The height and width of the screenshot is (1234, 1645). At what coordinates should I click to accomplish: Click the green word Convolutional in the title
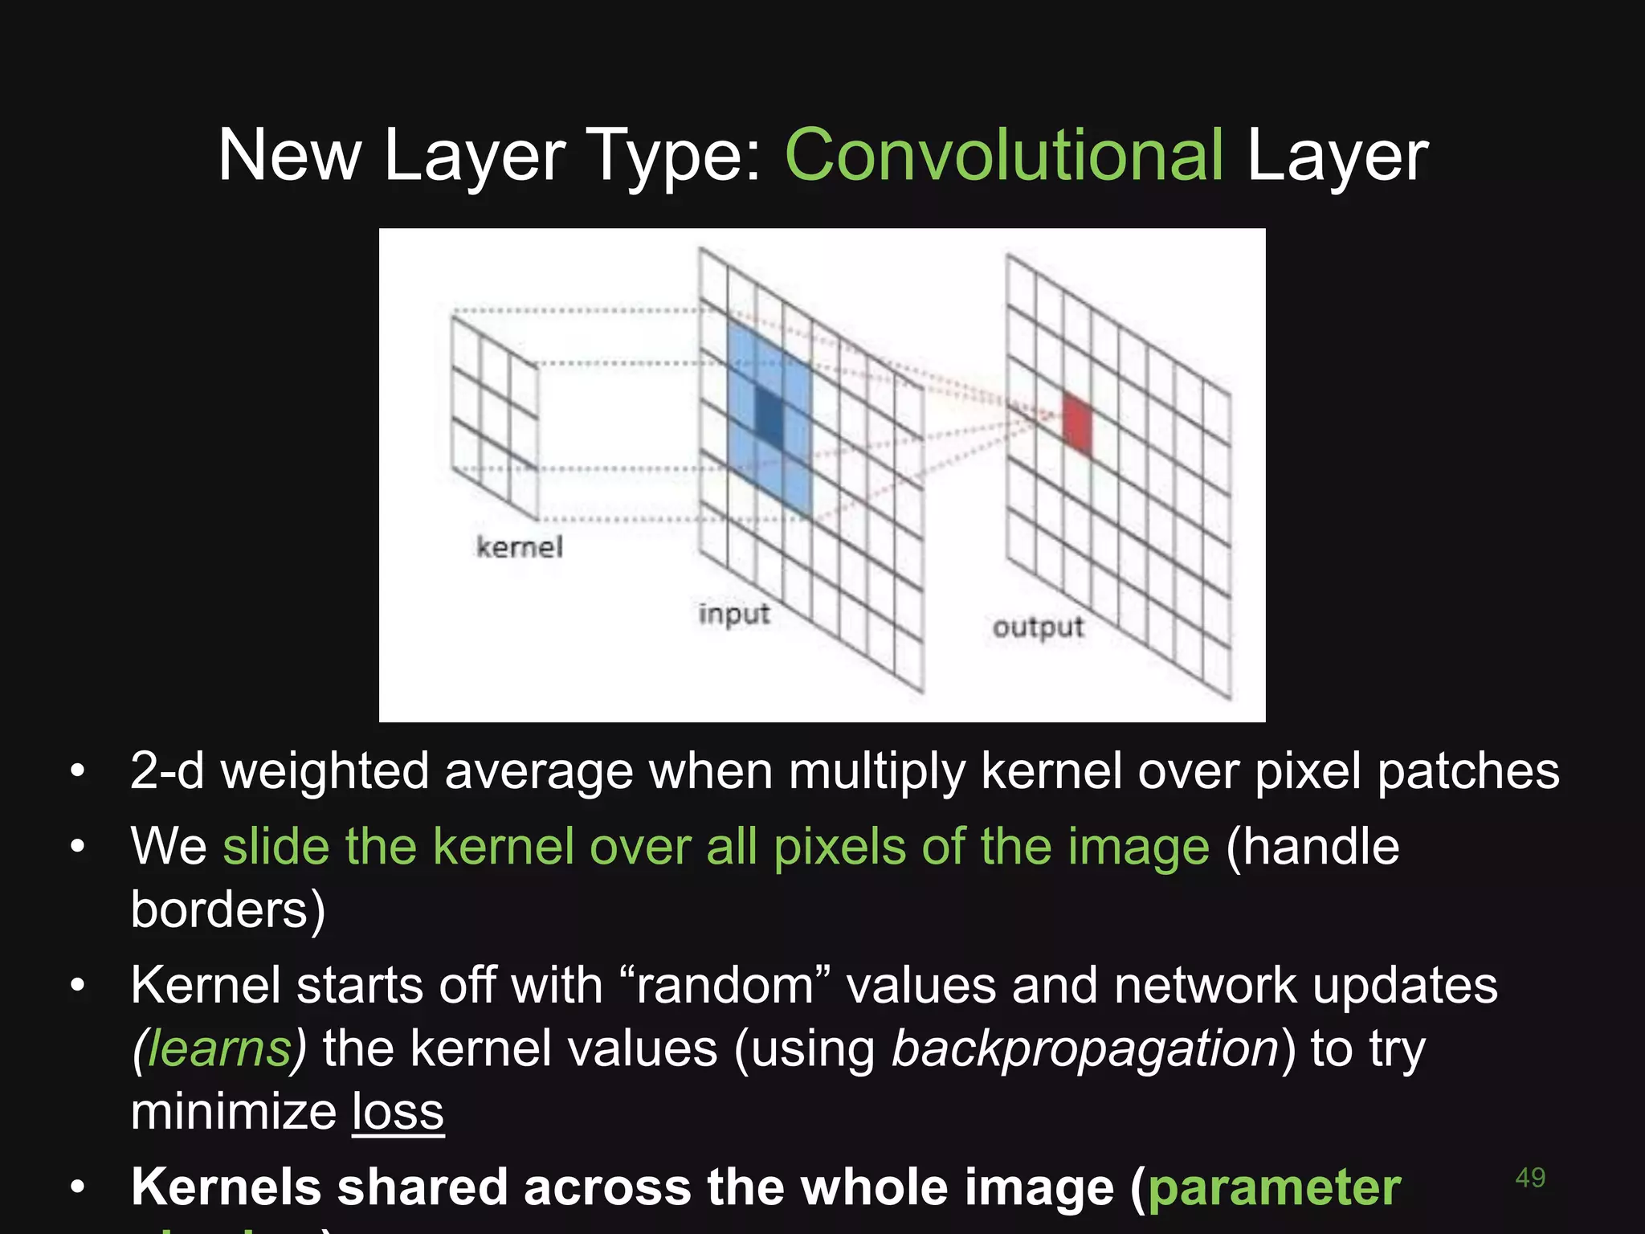point(1004,155)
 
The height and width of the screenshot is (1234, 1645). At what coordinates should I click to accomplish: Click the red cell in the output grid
point(1077,423)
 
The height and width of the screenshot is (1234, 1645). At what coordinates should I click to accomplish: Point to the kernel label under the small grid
point(519,547)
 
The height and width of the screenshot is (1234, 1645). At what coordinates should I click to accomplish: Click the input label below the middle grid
point(733,614)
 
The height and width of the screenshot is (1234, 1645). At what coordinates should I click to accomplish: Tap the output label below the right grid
point(1038,627)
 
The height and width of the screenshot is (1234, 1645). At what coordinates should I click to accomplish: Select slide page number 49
point(1529,1178)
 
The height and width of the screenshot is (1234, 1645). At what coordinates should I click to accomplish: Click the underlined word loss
point(398,1112)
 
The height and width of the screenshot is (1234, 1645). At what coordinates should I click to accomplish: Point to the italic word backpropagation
point(1085,1049)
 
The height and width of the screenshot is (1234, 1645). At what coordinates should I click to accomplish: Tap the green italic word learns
point(219,1049)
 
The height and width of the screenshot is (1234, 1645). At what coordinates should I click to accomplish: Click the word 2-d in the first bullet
point(167,771)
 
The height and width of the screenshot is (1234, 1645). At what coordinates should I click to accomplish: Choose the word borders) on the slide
point(228,909)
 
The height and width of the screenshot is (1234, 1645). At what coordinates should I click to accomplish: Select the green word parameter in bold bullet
point(1274,1187)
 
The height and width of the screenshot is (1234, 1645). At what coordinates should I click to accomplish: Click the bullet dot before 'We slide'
point(77,847)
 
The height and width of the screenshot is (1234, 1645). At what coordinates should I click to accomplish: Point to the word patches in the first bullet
point(1467,771)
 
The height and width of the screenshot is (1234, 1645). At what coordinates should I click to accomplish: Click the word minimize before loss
point(233,1112)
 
